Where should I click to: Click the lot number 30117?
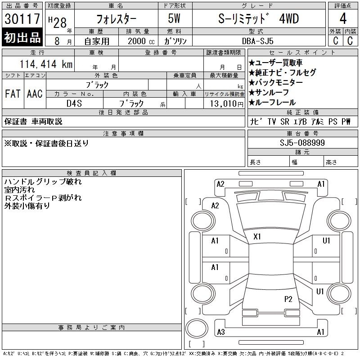click(22, 18)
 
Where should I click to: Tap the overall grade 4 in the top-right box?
click(343, 18)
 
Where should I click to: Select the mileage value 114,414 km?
click(46, 64)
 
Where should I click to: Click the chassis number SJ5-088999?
click(302, 143)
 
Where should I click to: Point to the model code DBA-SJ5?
click(257, 41)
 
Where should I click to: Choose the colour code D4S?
click(74, 103)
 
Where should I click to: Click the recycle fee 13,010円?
click(227, 103)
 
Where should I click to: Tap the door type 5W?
click(174, 18)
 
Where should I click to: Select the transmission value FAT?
click(13, 94)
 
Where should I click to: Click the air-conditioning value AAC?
click(35, 94)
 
